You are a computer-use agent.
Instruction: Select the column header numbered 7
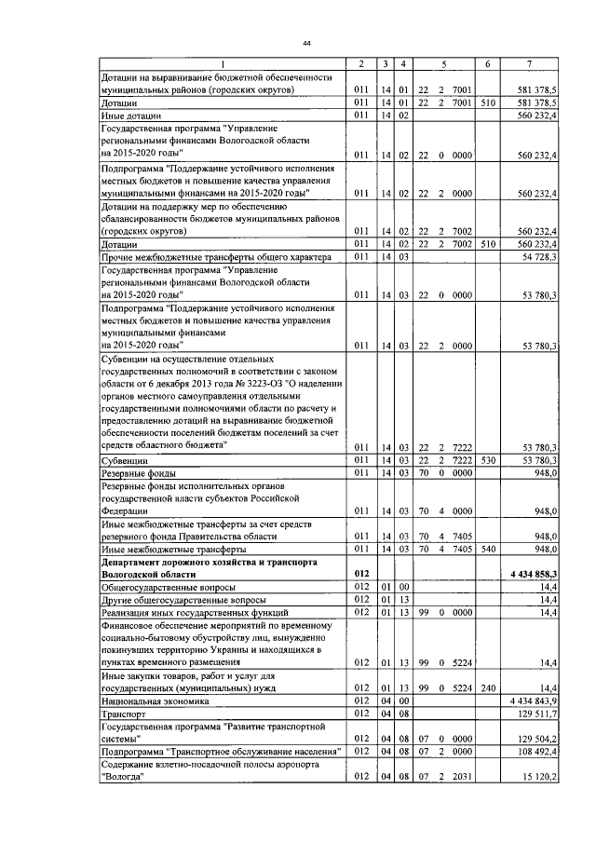[x=529, y=63]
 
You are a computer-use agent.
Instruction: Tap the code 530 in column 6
[x=486, y=460]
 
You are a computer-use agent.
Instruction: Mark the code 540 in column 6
[x=486, y=550]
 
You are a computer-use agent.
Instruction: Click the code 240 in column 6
[x=486, y=687]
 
